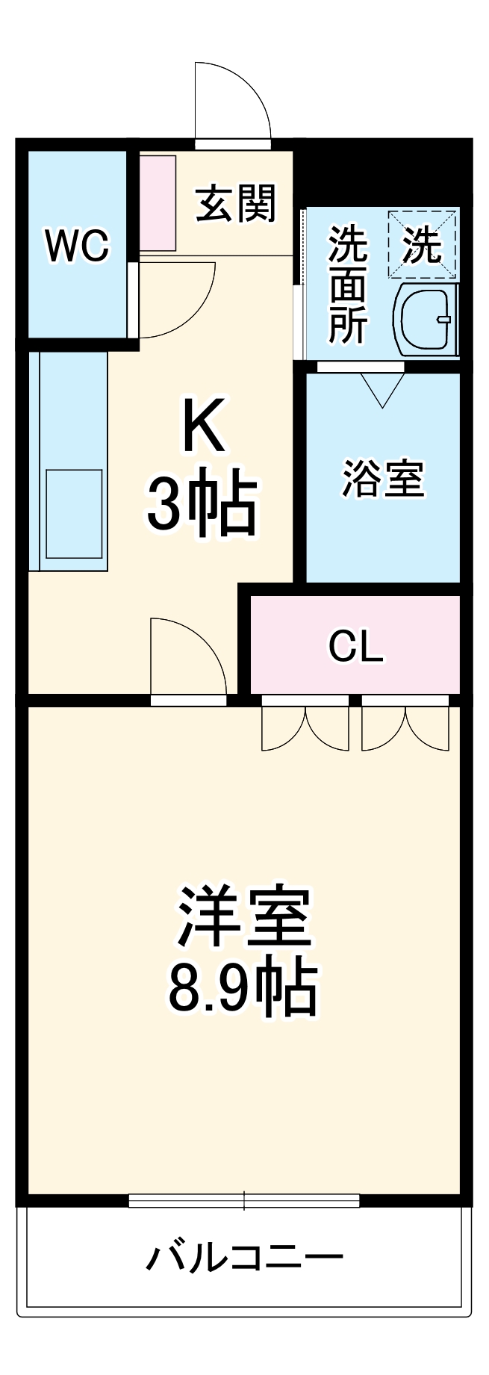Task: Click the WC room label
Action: [77, 245]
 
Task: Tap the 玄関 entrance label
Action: [235, 203]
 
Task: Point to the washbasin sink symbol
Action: [425, 320]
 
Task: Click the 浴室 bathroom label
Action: [383, 479]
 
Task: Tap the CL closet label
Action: [355, 647]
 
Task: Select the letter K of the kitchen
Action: [203, 426]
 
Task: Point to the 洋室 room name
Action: [243, 917]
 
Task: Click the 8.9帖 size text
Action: [243, 987]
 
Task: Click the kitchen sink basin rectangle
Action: [73, 513]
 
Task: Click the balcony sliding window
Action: [244, 1201]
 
